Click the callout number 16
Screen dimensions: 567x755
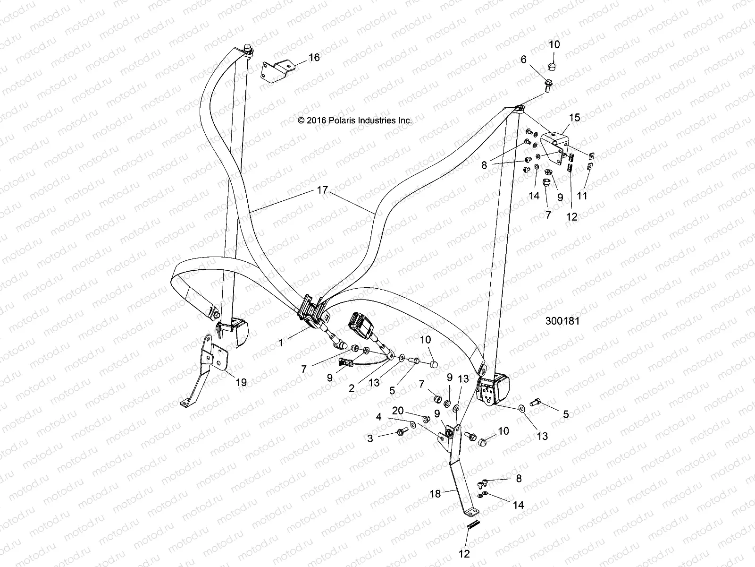click(314, 58)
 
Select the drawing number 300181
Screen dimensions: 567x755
click(562, 321)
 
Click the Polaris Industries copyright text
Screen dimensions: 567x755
click(355, 120)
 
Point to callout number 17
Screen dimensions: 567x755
click(322, 191)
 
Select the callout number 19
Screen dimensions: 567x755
click(241, 382)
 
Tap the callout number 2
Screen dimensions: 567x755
click(352, 388)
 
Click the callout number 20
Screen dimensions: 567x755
click(398, 411)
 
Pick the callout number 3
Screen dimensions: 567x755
click(370, 438)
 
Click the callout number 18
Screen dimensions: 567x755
click(435, 494)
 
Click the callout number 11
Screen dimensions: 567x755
click(582, 196)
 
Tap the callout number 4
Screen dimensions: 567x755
click(378, 417)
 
